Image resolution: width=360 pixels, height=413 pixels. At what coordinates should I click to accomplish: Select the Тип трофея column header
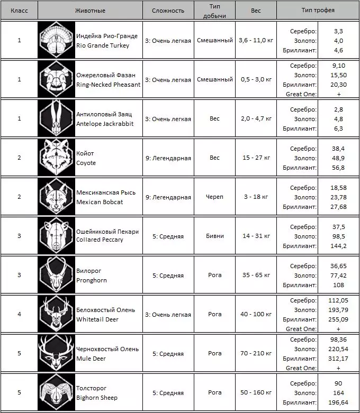coord(318,10)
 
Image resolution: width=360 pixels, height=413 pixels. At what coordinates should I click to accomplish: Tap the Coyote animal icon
coord(56,158)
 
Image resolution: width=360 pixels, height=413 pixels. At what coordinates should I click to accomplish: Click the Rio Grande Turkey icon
coord(56,41)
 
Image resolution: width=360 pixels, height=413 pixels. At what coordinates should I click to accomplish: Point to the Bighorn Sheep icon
coord(56,392)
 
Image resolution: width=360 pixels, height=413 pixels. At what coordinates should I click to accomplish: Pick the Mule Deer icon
coord(56,353)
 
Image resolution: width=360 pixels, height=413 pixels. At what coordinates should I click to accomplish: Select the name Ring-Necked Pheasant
coord(108,84)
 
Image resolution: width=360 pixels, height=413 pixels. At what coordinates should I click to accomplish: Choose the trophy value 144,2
coord(338,245)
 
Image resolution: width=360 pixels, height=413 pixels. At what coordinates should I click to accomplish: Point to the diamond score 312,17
coord(338,358)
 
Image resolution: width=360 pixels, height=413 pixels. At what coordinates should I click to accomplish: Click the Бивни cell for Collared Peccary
coord(214,236)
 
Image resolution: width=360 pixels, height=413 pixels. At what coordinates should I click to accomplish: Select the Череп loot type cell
coord(214,197)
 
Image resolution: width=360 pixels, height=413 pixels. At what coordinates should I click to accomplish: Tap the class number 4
coord(20,314)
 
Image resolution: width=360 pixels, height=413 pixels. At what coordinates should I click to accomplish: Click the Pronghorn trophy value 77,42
coord(338,275)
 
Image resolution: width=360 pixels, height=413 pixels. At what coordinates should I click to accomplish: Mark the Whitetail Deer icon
coord(56,314)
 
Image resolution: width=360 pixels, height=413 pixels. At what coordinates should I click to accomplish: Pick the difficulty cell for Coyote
coord(168,158)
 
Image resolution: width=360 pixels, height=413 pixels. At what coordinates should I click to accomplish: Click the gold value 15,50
coord(338,75)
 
